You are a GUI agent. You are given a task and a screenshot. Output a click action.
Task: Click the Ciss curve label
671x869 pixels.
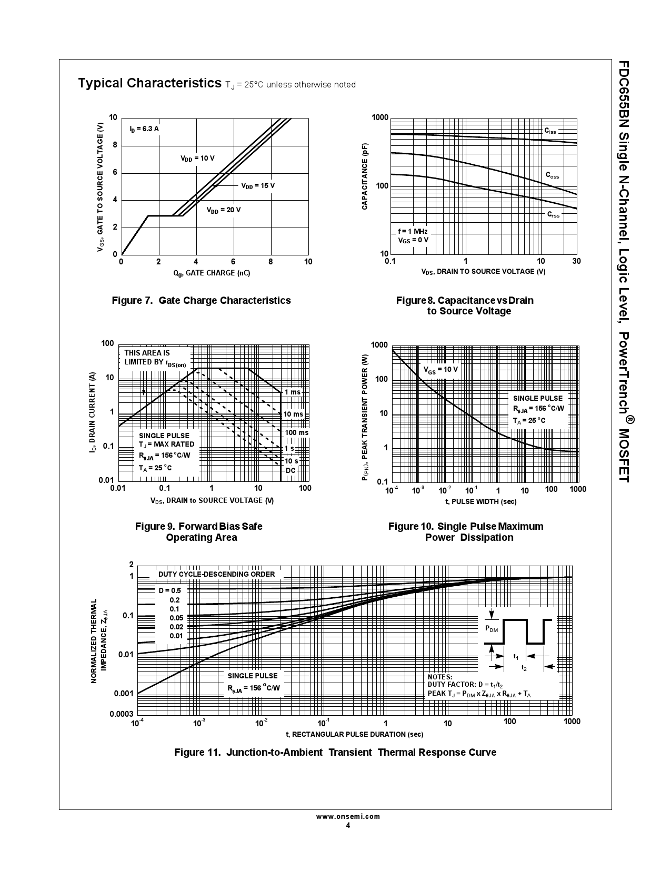pyautogui.click(x=550, y=131)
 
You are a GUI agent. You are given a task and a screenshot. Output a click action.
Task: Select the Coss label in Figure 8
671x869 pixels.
pyautogui.click(x=552, y=175)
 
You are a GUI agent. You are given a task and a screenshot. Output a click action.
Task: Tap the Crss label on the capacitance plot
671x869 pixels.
pyautogui.click(x=553, y=214)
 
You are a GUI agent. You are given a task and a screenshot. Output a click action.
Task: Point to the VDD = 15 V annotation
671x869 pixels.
pyautogui.click(x=258, y=186)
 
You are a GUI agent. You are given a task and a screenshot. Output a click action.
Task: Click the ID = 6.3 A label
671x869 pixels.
pyautogui.click(x=144, y=129)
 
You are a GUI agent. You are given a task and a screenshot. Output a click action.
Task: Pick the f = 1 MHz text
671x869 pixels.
pyautogui.click(x=413, y=232)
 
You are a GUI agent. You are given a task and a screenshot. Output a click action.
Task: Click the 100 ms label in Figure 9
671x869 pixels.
pyautogui.click(x=296, y=432)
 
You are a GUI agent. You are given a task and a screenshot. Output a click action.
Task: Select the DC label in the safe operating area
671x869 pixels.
pyautogui.click(x=291, y=470)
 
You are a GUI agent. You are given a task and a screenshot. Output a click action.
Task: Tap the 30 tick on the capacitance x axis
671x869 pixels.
pyautogui.click(x=576, y=261)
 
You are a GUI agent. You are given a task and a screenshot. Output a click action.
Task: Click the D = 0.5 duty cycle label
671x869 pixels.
pyautogui.click(x=170, y=590)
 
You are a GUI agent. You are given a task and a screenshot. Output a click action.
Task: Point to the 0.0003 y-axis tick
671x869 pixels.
pyautogui.click(x=122, y=714)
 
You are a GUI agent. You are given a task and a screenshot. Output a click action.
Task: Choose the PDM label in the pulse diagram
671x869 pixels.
pyautogui.click(x=492, y=629)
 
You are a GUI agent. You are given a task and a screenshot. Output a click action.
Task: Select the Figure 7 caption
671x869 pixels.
pyautogui.click(x=201, y=300)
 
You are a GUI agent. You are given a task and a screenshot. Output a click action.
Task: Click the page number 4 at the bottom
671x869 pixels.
pyautogui.click(x=348, y=825)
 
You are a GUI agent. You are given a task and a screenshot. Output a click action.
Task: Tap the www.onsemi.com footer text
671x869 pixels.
pyautogui.click(x=348, y=817)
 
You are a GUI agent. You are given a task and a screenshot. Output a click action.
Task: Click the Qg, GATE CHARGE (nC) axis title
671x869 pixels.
pyautogui.click(x=212, y=273)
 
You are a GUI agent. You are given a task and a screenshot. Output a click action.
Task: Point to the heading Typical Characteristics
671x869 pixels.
pyautogui.click(x=149, y=83)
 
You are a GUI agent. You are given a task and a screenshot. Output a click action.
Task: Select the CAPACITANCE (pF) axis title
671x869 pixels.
pyautogui.click(x=365, y=176)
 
